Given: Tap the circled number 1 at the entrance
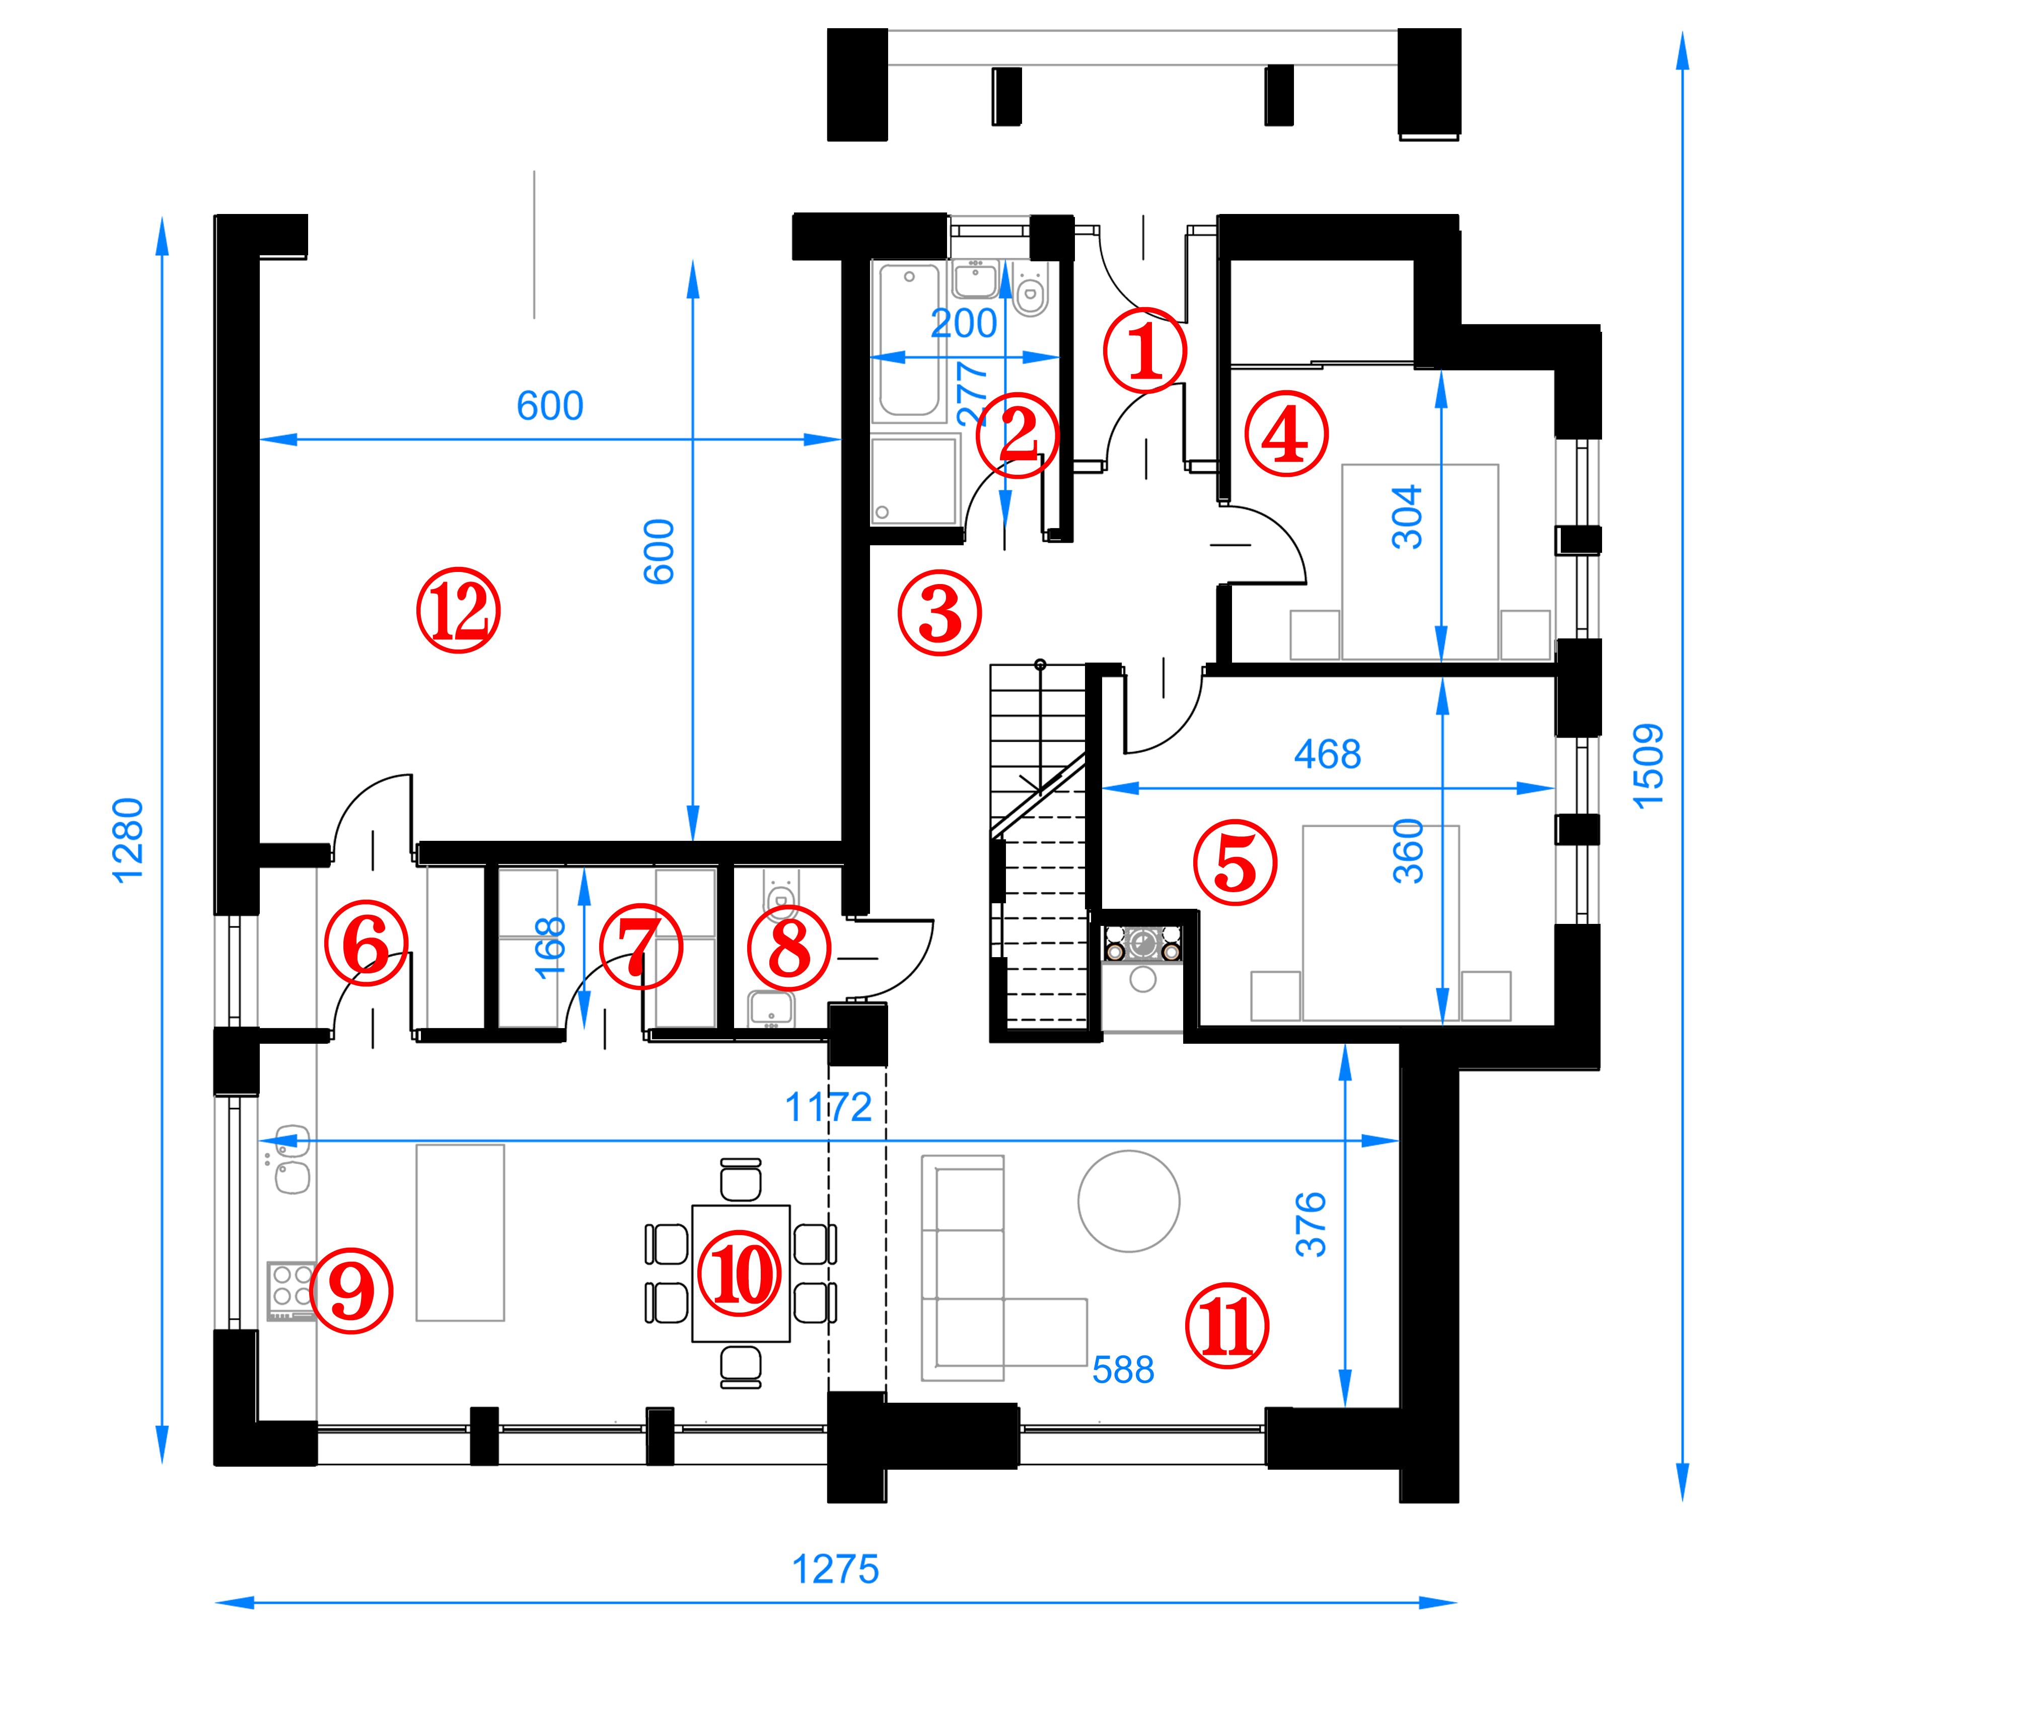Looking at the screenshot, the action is pos(1145,350).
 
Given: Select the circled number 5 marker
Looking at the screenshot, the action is pos(1235,862).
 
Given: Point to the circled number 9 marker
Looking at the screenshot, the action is pos(351,1291).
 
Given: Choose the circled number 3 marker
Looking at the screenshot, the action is pos(939,613).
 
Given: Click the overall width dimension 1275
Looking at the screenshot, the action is pos(835,1570).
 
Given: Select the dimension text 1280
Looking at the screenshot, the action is pos(128,840).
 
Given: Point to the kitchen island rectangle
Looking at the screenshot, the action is pos(461,1232).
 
